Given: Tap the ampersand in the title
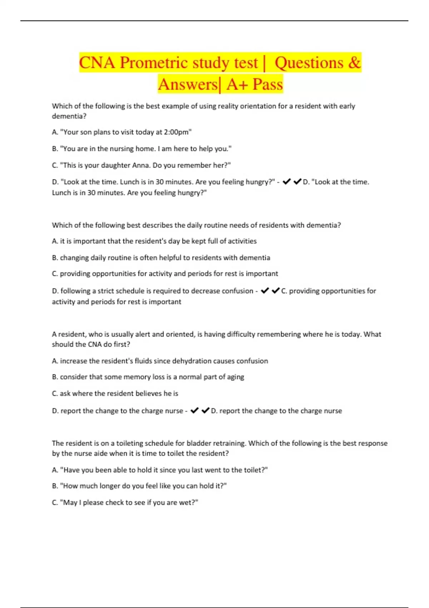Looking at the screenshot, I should tap(354, 63).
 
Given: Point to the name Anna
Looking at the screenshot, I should tap(142, 165).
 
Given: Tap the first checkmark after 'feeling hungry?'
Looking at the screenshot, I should tap(286, 182).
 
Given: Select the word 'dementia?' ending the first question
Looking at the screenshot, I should tap(69, 116).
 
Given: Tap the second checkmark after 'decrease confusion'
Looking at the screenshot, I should tap(276, 291).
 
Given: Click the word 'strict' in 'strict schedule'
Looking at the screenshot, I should tap(106, 291).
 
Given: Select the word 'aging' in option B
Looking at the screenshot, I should tap(236, 377).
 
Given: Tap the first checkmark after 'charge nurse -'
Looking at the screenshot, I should tap(194, 411).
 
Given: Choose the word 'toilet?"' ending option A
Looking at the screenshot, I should tap(256, 470).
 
